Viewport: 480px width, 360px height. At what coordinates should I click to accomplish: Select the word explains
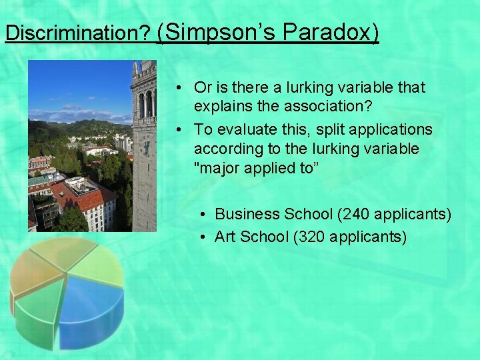pos(222,106)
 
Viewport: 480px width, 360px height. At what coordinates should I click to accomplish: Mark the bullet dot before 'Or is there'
pos(181,88)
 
